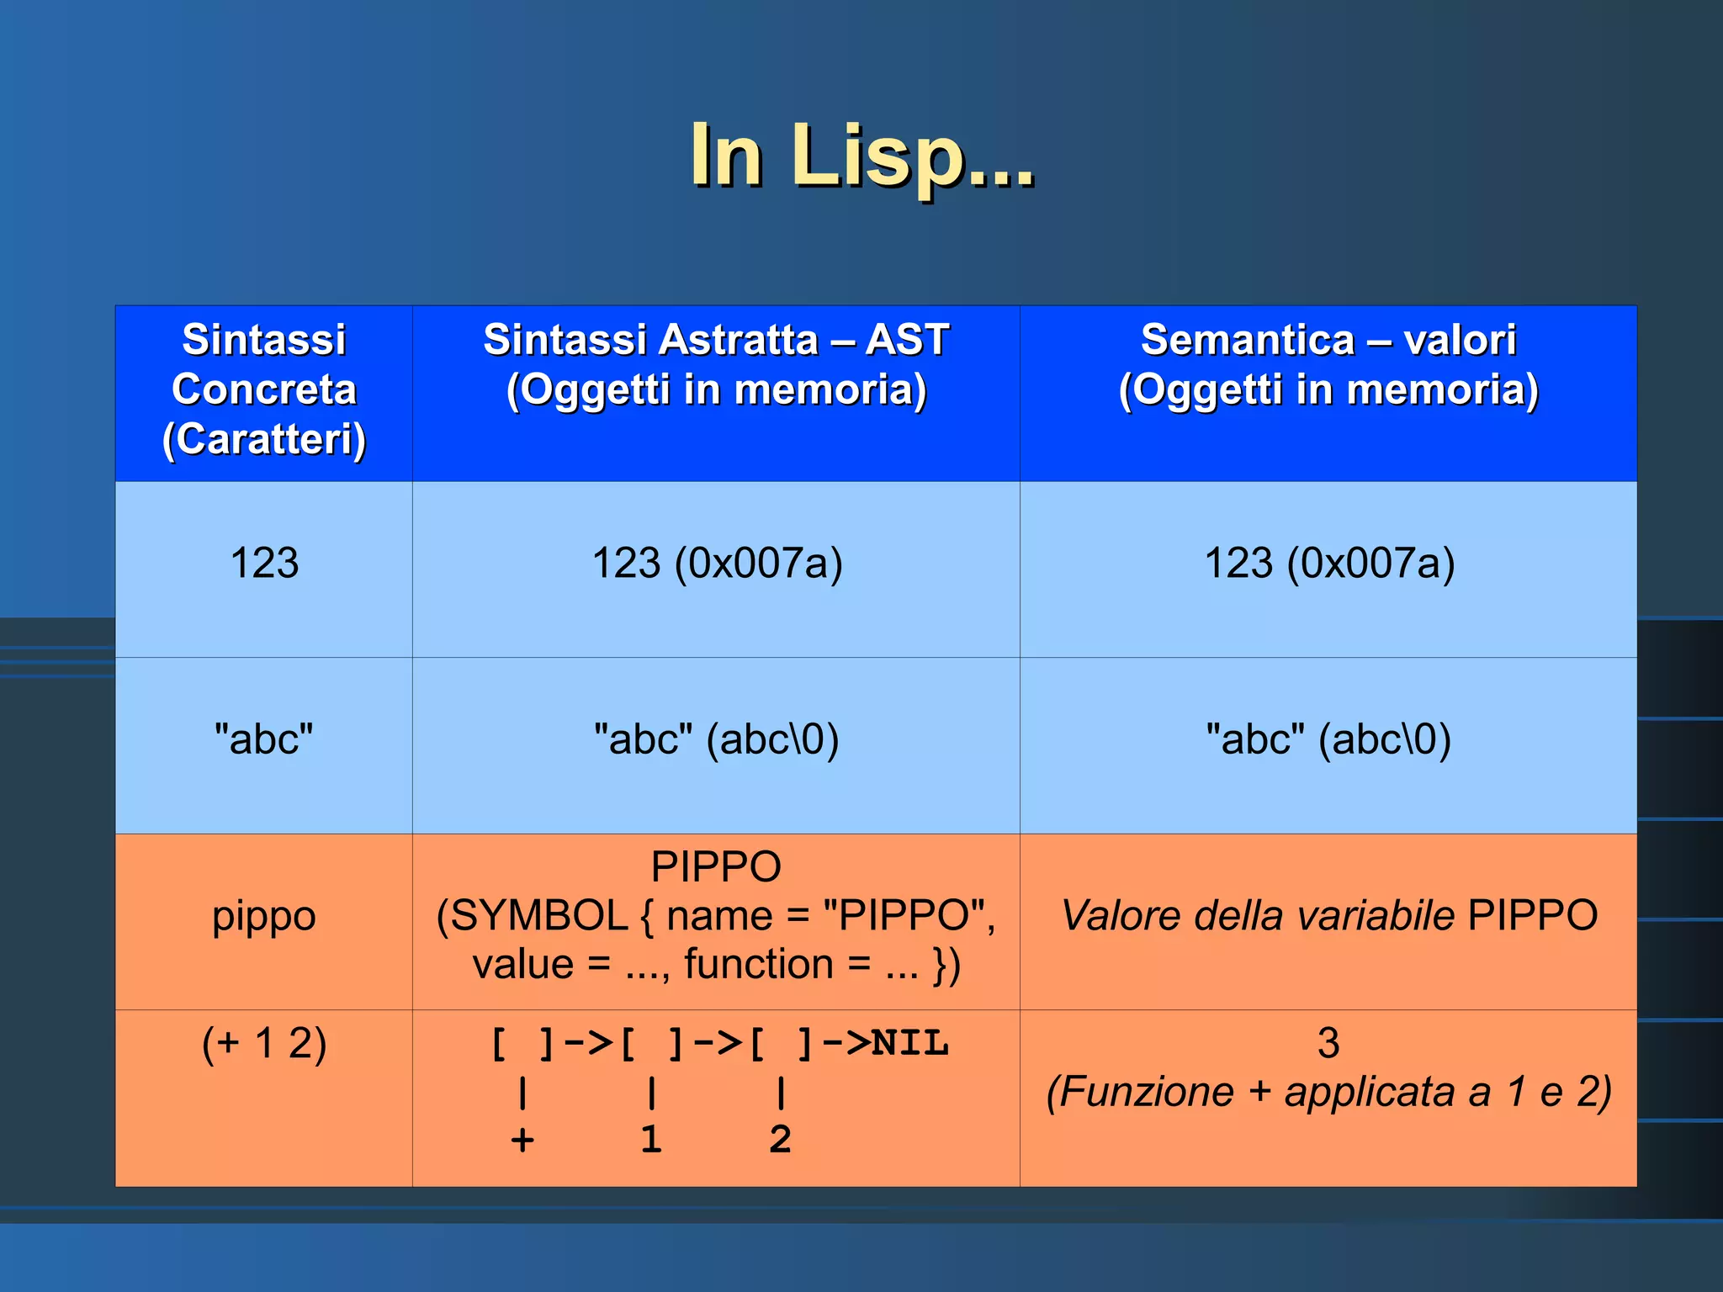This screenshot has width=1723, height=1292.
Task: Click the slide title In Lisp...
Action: pyautogui.click(x=861, y=156)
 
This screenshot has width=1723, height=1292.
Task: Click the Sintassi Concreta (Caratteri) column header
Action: pyautogui.click(x=263, y=390)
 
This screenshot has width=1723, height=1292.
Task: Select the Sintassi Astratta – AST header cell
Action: pyautogui.click(x=716, y=365)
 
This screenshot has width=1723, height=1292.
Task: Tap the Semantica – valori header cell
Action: pyautogui.click(x=1328, y=365)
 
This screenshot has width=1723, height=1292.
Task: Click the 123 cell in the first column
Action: pyautogui.click(x=264, y=563)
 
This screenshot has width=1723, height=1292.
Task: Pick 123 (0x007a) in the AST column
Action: pyautogui.click(x=717, y=563)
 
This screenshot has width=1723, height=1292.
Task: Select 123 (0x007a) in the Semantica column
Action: pyautogui.click(x=1329, y=563)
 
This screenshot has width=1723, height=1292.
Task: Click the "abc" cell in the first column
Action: pyautogui.click(x=263, y=739)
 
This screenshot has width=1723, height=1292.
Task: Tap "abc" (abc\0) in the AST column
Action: pyautogui.click(x=716, y=739)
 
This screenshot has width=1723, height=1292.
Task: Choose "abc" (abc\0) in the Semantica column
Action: pyautogui.click(x=1328, y=739)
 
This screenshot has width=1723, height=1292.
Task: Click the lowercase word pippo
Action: pyautogui.click(x=263, y=915)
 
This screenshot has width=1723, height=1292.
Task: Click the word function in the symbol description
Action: pyautogui.click(x=758, y=964)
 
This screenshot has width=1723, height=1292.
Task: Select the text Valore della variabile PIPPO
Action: pyautogui.click(x=1328, y=915)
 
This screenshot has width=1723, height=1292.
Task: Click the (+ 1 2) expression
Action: pyautogui.click(x=263, y=1043)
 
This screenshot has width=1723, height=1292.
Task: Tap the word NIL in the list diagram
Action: pyautogui.click(x=909, y=1043)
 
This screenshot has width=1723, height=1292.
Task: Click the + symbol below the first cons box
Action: pyautogui.click(x=522, y=1140)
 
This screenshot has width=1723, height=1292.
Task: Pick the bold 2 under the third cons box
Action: pyautogui.click(x=780, y=1140)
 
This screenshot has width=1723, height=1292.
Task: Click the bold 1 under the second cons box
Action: pyautogui.click(x=651, y=1140)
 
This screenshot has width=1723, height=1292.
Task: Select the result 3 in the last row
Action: pyautogui.click(x=1328, y=1043)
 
